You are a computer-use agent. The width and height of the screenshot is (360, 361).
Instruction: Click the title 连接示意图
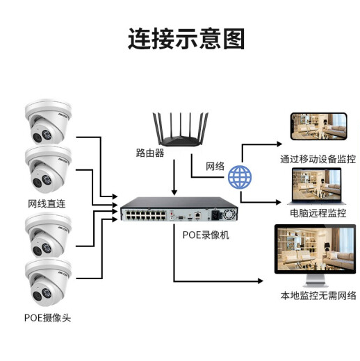186,39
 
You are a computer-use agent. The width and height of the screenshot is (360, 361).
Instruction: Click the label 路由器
150,153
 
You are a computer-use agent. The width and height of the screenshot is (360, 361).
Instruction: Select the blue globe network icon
240,177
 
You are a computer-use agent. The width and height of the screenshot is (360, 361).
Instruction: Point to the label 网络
215,166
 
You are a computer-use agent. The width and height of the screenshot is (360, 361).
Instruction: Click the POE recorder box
179,209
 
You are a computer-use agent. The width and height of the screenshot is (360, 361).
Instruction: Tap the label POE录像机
206,235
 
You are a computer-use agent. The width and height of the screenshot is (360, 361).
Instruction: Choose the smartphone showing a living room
319,126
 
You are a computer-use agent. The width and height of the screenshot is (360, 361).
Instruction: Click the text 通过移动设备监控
318,159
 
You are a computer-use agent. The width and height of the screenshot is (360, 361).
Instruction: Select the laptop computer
316,186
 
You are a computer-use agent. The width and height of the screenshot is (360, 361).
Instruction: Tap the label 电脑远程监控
318,213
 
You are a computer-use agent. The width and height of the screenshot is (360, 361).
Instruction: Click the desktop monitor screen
316,249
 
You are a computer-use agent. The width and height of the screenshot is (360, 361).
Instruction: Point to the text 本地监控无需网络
318,296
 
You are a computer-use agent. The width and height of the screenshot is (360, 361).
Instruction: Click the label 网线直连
47,203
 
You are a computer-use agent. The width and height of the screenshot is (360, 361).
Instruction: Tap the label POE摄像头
47,318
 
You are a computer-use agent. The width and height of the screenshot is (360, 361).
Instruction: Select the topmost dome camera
48,121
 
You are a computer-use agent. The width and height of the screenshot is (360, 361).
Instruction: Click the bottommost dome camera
48,282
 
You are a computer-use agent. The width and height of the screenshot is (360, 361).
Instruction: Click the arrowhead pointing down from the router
174,192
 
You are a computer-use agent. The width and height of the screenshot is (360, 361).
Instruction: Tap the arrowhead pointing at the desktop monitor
261,281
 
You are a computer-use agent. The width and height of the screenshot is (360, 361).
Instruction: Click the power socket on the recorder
215,215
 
